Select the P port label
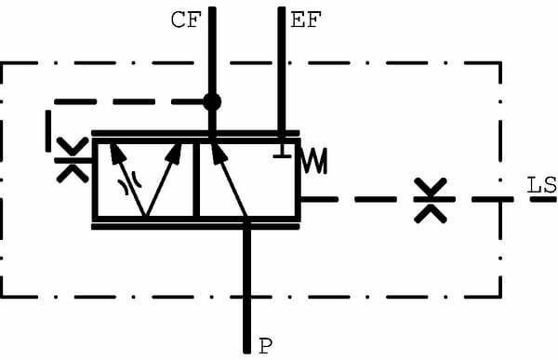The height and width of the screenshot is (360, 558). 265,346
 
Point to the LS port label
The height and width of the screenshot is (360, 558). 541,185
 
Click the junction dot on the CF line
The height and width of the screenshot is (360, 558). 212,100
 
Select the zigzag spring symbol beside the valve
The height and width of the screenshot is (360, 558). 315,160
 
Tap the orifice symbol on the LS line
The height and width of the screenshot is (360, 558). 431,198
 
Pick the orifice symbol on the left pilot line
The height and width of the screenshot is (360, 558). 70,159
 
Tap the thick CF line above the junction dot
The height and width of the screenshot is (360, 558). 212,47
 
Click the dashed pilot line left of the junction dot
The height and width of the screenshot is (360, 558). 130,100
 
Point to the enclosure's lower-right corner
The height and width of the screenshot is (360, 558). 500,297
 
